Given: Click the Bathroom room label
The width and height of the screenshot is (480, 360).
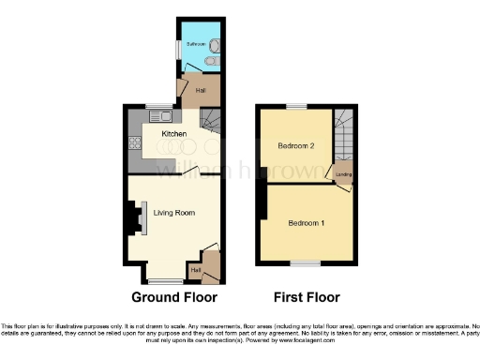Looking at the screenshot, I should tap(195, 44).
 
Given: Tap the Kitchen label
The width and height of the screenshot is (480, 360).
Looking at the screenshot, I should tap(173, 134).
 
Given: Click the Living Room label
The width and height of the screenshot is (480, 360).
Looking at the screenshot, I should tap(174, 213).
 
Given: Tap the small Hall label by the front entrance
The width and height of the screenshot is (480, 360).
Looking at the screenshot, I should tap(195, 270).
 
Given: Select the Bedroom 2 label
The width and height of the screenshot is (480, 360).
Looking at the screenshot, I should tap(294, 145).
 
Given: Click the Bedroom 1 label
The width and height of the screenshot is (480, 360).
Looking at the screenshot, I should tap(307, 222).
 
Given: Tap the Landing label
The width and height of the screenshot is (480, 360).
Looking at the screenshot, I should tap(344, 174).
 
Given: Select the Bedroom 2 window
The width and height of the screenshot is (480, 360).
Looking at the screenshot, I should tap(295, 106).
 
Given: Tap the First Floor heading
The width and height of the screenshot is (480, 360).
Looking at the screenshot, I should tap(307, 297).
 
